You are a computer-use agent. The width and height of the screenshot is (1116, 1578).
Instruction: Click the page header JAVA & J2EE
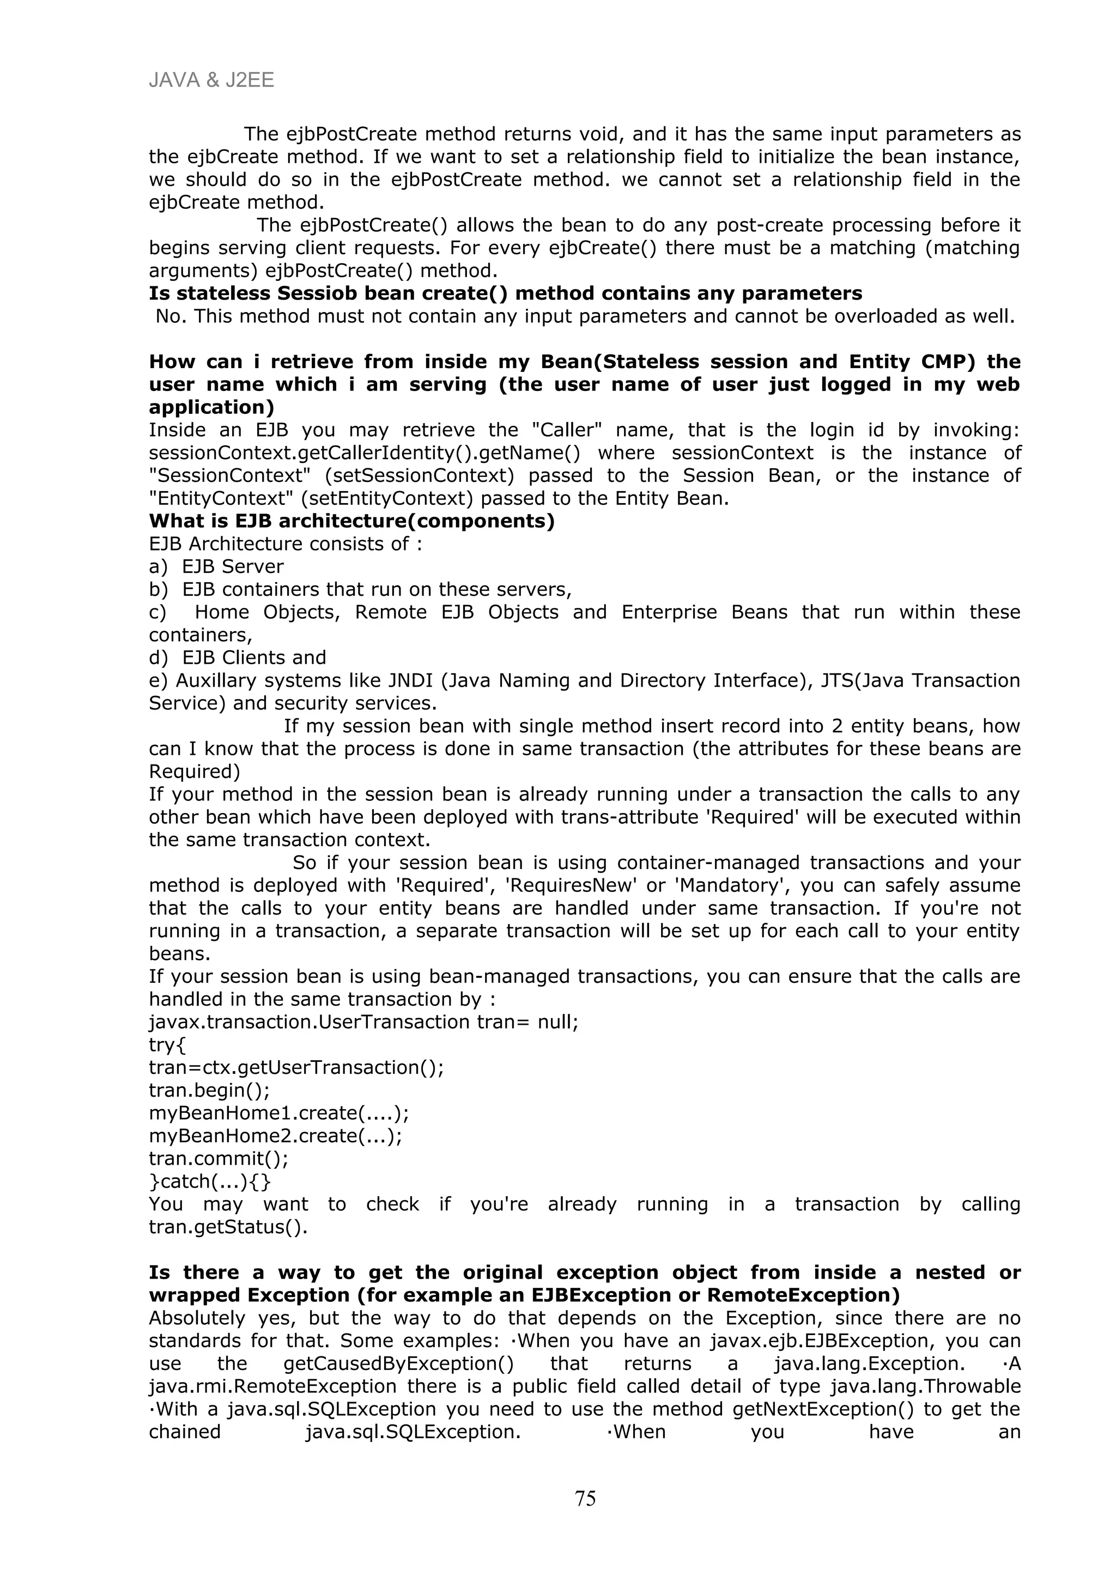211,81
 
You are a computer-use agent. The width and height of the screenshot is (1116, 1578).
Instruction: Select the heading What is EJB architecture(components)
351,521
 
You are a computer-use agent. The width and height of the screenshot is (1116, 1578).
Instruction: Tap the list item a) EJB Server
216,566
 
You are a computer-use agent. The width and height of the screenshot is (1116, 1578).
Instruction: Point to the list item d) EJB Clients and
237,657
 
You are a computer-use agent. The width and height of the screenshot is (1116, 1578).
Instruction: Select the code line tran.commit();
219,1158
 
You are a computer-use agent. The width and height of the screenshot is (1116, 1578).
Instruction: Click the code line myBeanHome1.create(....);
278,1112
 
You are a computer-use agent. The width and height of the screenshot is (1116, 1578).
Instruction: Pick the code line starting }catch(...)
210,1181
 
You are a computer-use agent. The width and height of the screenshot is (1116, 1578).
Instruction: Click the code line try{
167,1045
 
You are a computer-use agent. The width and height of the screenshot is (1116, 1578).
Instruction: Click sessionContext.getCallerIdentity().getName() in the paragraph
365,453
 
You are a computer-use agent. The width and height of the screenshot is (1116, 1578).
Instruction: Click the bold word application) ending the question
211,407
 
